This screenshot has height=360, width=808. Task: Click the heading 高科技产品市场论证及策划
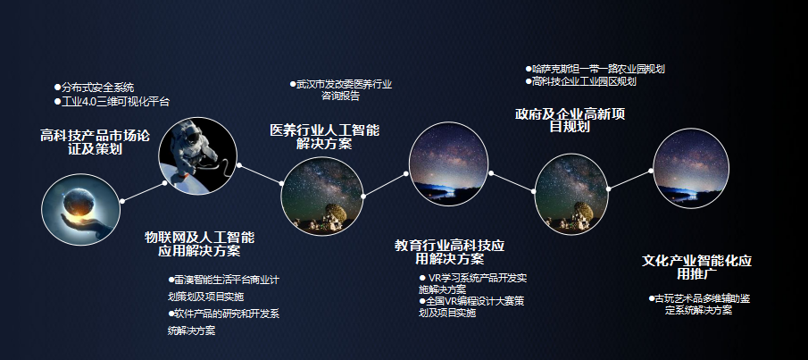tap(96, 142)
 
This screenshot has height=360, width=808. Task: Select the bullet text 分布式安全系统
tap(94, 88)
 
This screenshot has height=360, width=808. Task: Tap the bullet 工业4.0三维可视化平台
tap(112, 102)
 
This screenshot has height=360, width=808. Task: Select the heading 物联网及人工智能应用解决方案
tap(199, 244)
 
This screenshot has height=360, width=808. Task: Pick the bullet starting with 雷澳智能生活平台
tap(223, 289)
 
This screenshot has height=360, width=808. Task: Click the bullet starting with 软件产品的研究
tap(223, 322)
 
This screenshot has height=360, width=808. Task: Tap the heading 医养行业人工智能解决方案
tap(324, 137)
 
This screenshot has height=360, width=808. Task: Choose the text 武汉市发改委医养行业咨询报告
tap(340, 89)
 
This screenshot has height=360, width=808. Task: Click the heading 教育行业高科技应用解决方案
tap(449, 252)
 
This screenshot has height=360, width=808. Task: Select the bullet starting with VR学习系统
tap(473, 283)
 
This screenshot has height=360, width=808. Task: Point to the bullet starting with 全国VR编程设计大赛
tap(471, 307)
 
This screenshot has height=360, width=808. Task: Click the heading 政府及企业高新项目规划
tap(570, 121)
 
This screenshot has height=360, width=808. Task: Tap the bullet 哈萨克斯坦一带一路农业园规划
tap(596, 69)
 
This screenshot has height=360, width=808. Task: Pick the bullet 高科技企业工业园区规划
tap(580, 81)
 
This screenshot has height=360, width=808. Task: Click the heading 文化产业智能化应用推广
tap(696, 266)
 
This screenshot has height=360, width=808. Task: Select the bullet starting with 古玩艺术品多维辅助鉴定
tap(699, 305)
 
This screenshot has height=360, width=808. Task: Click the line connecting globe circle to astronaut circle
tap(143, 192)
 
